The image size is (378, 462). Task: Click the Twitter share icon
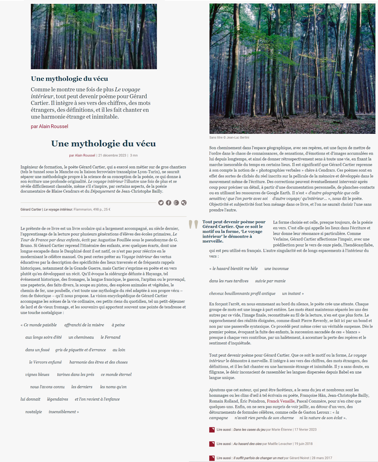click(x=161, y=203)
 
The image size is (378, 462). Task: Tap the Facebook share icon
click(x=169, y=203)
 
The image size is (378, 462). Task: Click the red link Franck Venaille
click(x=281, y=401)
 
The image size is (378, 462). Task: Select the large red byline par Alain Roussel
click(x=49, y=126)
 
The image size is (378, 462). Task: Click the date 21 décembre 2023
click(x=112, y=155)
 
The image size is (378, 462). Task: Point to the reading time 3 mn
click(x=134, y=155)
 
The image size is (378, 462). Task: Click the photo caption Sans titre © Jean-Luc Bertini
click(x=229, y=138)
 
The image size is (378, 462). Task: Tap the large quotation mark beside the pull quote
click(x=193, y=224)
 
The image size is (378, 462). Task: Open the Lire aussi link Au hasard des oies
click(x=247, y=444)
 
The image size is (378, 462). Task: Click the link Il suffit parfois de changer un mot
click(x=258, y=458)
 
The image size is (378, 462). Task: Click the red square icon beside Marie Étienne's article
click(x=212, y=430)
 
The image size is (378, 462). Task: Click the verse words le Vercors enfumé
click(x=45, y=362)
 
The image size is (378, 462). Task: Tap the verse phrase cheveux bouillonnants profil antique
click(x=242, y=293)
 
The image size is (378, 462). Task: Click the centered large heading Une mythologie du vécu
click(x=103, y=144)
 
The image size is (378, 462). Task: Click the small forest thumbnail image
click(x=94, y=37)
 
